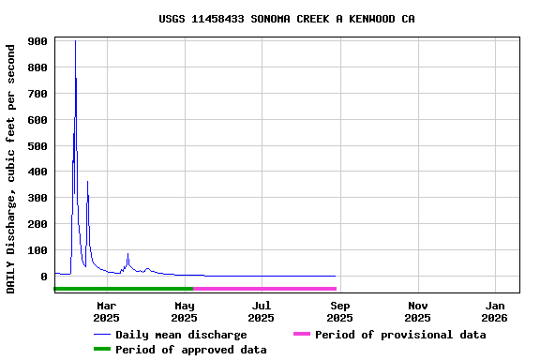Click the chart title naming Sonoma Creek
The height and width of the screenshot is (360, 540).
coord(287,19)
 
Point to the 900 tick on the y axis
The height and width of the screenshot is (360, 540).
coord(38,41)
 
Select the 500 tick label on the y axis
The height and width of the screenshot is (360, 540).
coord(38,145)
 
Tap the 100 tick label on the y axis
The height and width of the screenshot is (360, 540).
coord(38,250)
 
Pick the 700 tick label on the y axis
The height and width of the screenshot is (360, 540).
coord(38,94)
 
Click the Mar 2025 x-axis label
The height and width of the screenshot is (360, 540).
coord(107,311)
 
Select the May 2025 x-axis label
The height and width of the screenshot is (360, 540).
coord(185,311)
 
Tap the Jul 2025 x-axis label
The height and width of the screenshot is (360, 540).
coord(262,311)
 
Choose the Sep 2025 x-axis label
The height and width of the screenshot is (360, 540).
coord(340,311)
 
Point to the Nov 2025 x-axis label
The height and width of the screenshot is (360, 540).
coord(418,311)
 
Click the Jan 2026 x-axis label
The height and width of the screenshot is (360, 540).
coord(496,311)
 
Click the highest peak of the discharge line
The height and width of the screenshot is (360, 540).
coord(75,42)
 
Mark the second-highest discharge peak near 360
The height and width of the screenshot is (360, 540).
coord(87,182)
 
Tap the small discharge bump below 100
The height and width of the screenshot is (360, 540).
coord(127,254)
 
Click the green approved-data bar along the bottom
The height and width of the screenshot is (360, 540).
coord(122,289)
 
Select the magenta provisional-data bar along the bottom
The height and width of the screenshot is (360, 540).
coord(264,289)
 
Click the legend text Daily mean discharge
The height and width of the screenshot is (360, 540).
coord(181,335)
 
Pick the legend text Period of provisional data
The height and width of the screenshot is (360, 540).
coord(400,335)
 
